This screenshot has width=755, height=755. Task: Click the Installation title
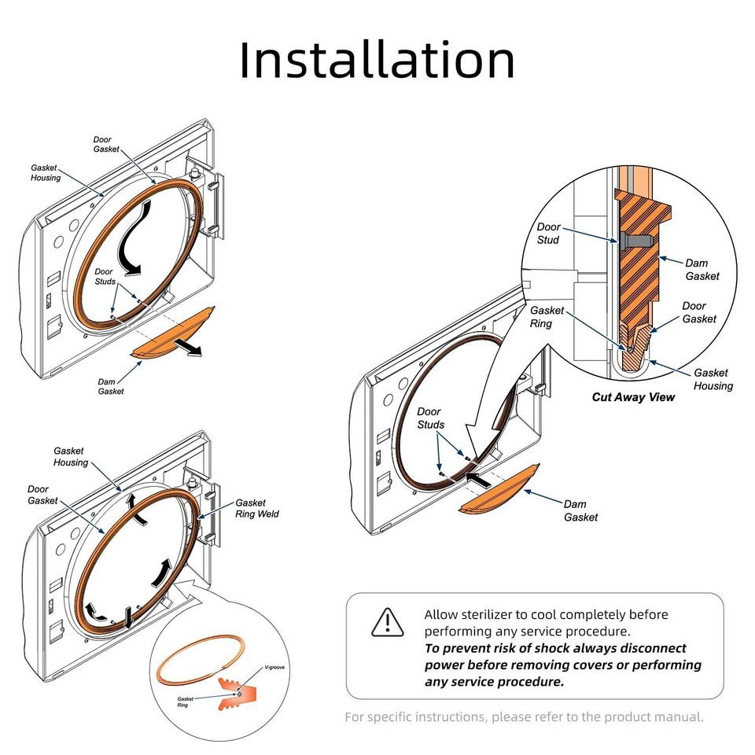(x=377, y=60)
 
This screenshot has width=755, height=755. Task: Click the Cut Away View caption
(x=633, y=397)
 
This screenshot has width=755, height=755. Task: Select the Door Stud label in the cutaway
(x=548, y=233)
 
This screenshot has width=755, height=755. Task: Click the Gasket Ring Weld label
(x=256, y=508)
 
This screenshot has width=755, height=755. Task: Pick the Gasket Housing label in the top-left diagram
(x=46, y=172)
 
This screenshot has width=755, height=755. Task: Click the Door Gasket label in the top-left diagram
(x=106, y=144)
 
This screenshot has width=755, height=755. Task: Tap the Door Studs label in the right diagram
(x=430, y=418)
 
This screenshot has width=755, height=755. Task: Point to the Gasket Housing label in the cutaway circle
(x=713, y=379)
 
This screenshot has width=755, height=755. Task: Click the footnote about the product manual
(x=524, y=716)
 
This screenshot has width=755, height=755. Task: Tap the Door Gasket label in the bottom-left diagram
(x=42, y=495)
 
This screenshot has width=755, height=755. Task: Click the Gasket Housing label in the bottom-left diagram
(x=71, y=457)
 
